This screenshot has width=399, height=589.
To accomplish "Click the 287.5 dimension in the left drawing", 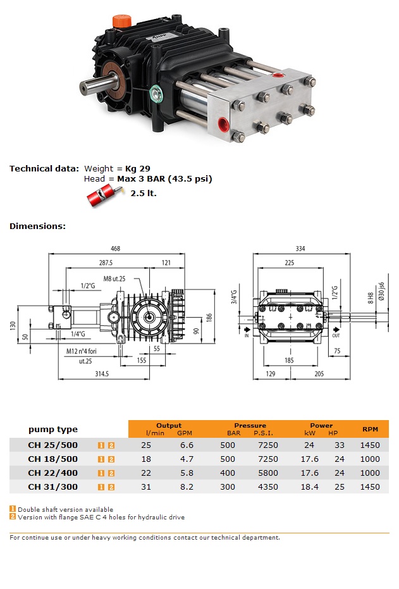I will pos(105,262).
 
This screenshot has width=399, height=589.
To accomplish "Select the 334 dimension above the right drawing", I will pos(300,249).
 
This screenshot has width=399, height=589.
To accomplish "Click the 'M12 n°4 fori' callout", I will pos(86,350).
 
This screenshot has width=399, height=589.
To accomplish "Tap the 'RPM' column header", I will pos(370,429).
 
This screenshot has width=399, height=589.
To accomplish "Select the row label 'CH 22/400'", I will pos(53,473).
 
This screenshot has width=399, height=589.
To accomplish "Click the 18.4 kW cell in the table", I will pos(310,487).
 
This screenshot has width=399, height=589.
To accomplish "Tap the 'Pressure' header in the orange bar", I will pos(250,425).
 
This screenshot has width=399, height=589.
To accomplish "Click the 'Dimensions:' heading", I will pos(37,226).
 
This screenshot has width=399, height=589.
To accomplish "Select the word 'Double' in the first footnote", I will pos(28,509).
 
